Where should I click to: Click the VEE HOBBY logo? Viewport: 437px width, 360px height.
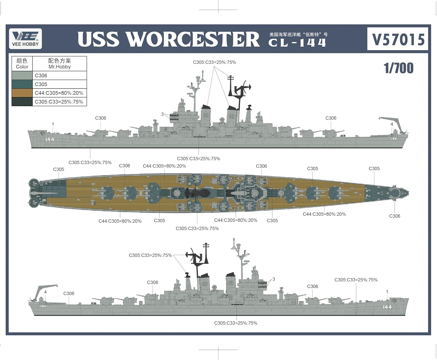tap(25, 38)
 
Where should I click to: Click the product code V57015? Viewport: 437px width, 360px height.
tap(398, 39)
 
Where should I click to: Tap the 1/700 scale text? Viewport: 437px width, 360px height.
tap(399, 68)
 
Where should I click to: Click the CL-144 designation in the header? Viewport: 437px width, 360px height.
tap(297, 43)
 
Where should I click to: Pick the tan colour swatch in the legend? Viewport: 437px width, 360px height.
tap(22, 93)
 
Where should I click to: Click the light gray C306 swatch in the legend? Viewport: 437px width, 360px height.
tap(22, 75)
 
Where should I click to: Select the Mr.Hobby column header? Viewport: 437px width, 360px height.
tap(59, 64)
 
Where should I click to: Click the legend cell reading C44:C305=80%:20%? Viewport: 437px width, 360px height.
tap(59, 93)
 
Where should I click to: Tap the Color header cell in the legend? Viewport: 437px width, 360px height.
tap(22, 64)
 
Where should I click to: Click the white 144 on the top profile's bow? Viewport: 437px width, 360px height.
tap(50, 139)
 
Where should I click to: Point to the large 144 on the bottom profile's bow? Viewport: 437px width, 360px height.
tap(387, 307)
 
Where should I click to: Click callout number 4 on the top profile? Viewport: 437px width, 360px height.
tap(392, 124)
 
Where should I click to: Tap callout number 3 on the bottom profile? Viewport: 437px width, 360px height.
tap(274, 279)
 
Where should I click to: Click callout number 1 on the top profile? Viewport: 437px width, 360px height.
tap(53, 124)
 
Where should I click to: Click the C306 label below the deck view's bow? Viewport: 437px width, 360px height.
tap(394, 216)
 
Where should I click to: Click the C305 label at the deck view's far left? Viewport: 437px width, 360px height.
tap(59, 169)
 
